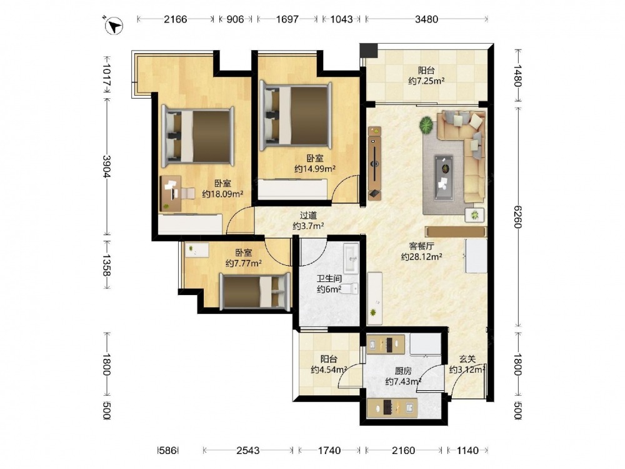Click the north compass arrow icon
point(114,26)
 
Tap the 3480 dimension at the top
point(426,19)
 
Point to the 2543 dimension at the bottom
point(248,451)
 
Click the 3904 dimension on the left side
point(107,166)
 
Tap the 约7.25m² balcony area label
point(426,81)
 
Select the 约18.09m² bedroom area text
point(222,194)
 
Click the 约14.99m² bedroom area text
point(315,169)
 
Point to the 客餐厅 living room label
point(421,246)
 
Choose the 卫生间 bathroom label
point(329,279)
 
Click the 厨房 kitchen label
point(403,371)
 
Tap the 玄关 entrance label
point(467,360)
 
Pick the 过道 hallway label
point(308,216)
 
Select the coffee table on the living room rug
point(443,178)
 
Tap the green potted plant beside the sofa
point(426,125)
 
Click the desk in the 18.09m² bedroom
point(171,193)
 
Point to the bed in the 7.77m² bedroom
point(255,291)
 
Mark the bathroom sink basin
point(351,258)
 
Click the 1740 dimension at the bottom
point(329,451)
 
